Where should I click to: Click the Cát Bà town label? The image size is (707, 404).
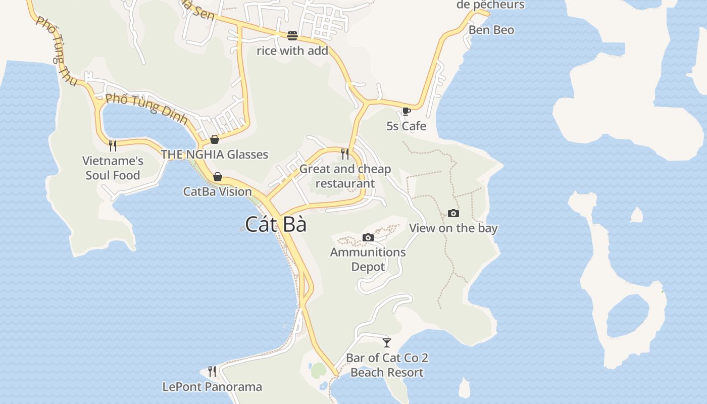[276, 224]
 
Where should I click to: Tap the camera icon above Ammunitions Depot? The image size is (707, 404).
[368, 237]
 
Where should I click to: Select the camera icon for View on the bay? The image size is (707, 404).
[453, 214]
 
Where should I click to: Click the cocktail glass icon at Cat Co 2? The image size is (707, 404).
[387, 343]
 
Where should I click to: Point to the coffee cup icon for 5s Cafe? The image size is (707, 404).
[406, 111]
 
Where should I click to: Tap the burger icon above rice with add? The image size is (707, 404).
[292, 35]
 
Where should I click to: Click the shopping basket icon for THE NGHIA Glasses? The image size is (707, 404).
[215, 139]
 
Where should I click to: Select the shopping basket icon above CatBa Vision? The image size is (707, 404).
[218, 177]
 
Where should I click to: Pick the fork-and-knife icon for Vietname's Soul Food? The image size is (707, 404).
[113, 146]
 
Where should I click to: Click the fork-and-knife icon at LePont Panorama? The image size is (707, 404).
[212, 372]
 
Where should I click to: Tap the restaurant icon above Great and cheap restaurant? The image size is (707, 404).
[345, 154]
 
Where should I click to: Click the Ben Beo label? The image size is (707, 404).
[491, 30]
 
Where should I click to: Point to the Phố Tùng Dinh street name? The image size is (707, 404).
[147, 109]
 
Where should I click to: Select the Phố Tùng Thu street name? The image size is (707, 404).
[56, 50]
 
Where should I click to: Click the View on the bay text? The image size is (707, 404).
[453, 228]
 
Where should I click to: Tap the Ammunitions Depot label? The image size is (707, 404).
[368, 259]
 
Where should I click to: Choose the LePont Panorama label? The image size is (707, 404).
[212, 387]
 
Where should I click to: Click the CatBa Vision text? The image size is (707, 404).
[218, 191]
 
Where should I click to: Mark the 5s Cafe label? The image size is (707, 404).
[407, 126]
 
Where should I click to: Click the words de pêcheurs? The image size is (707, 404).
[490, 5]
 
